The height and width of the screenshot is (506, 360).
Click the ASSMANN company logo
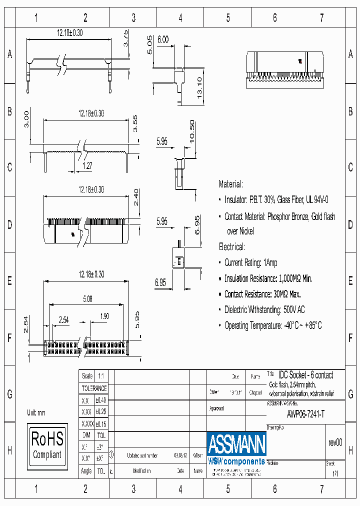(236, 447)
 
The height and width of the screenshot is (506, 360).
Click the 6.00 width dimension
(163, 39)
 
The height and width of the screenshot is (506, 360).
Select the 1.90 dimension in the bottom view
(103, 316)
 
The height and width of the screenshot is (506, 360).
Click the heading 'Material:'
(231, 184)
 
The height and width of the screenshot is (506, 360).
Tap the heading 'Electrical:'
(232, 247)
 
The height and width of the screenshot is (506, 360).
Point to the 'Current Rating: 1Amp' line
(250, 262)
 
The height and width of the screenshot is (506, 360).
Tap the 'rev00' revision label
(335, 442)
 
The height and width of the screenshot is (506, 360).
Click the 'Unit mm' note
(36, 412)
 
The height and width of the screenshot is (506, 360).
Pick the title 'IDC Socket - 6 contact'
(305, 375)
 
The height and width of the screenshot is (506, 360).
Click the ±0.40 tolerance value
(101, 400)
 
